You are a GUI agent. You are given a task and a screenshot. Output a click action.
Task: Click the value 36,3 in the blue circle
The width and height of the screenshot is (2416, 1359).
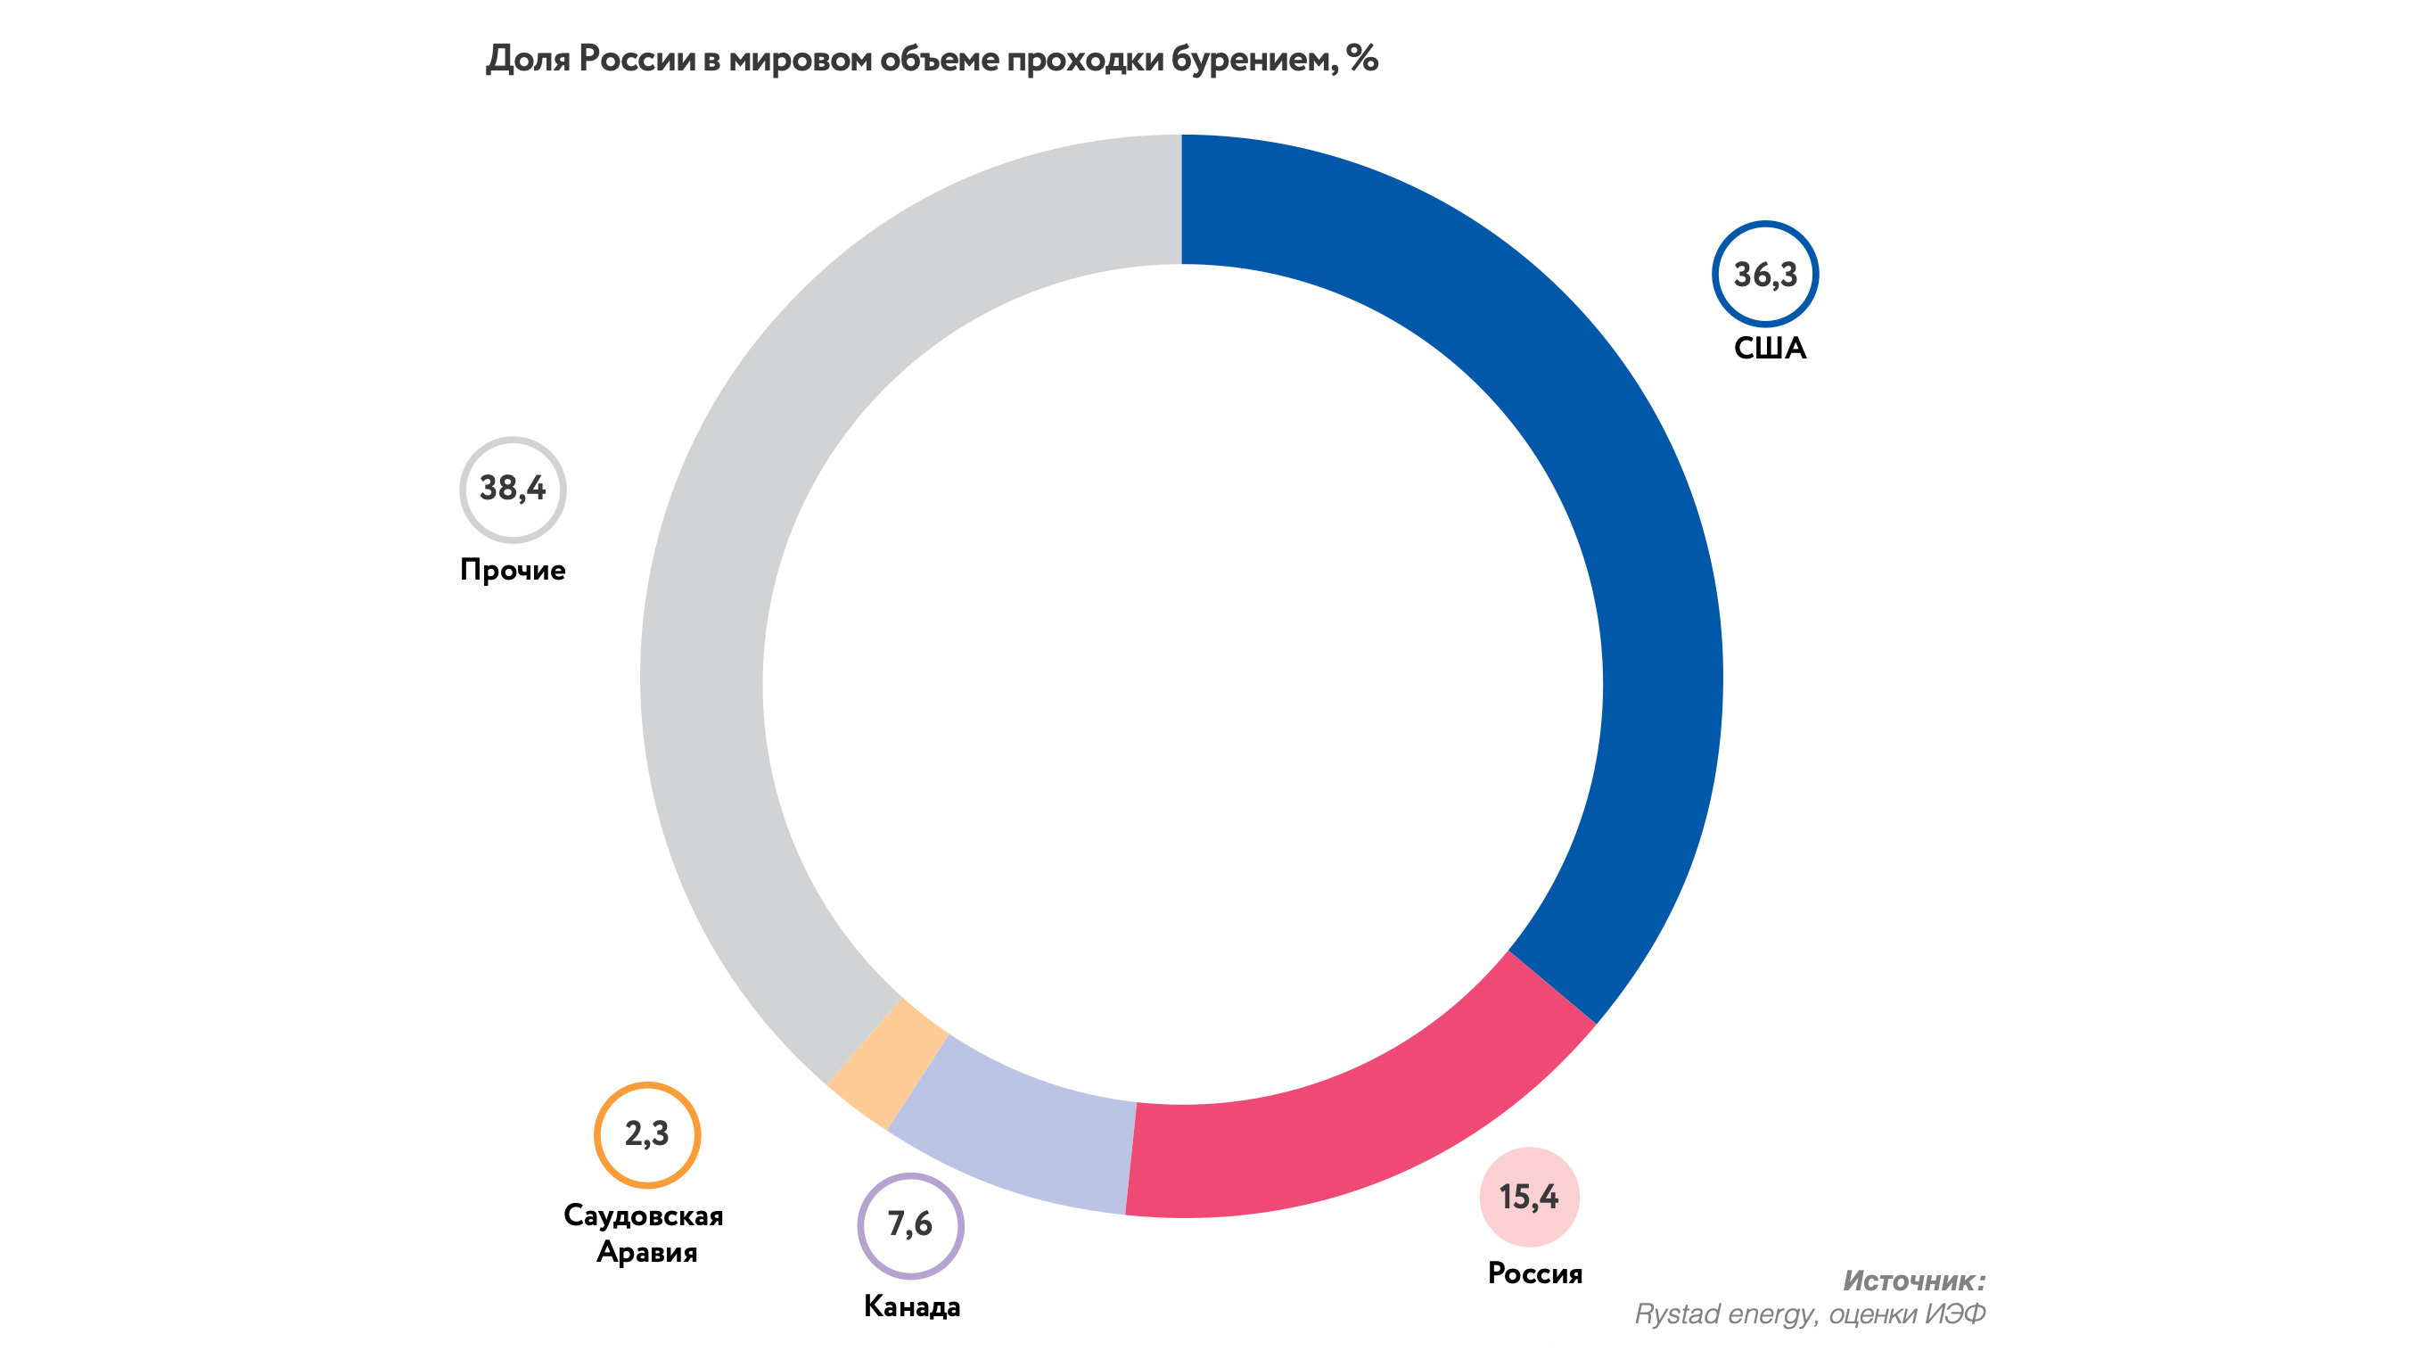click(x=1765, y=275)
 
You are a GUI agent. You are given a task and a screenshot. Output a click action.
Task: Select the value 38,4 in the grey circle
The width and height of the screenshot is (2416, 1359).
click(x=512, y=489)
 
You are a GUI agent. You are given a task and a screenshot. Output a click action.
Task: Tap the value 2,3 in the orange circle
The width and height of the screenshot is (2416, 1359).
click(x=647, y=1134)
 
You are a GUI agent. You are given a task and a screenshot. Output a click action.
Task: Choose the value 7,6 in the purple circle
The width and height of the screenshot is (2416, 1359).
click(x=909, y=1224)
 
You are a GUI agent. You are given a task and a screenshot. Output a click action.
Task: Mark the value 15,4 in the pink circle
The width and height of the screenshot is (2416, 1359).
click(x=1529, y=1197)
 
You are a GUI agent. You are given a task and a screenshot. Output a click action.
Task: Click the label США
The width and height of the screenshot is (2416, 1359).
click(x=1769, y=349)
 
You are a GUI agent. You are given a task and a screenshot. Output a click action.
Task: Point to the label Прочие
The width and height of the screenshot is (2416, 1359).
click(x=512, y=570)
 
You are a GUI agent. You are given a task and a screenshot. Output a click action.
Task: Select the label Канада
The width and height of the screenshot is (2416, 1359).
click(x=912, y=1306)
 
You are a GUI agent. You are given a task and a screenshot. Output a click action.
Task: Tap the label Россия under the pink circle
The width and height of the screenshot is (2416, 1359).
click(x=1535, y=1273)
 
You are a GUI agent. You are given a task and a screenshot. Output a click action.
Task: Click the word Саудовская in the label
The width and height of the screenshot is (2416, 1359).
click(x=644, y=1215)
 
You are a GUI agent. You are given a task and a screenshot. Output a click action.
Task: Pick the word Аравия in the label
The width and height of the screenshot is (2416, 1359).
click(x=647, y=1252)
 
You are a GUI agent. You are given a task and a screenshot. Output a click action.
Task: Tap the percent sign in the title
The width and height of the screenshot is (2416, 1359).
click(x=1362, y=59)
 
